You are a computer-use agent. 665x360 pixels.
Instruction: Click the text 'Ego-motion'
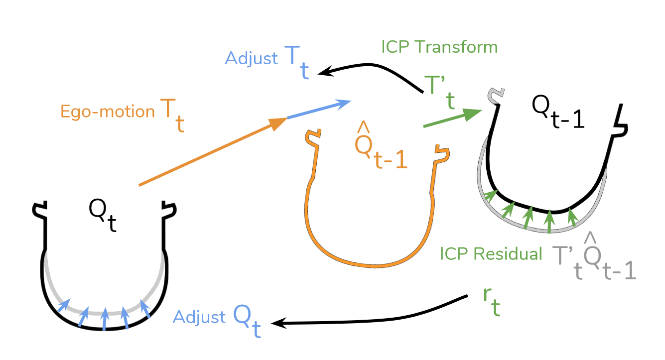tap(108, 111)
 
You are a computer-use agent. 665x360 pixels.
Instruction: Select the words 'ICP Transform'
tap(439, 47)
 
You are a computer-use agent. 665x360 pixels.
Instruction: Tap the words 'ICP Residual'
tap(491, 253)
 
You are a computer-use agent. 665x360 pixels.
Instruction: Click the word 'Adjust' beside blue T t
tap(252, 58)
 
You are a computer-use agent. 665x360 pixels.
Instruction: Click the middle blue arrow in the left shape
tap(104, 319)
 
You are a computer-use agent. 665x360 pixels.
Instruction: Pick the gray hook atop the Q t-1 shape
tap(496, 95)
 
